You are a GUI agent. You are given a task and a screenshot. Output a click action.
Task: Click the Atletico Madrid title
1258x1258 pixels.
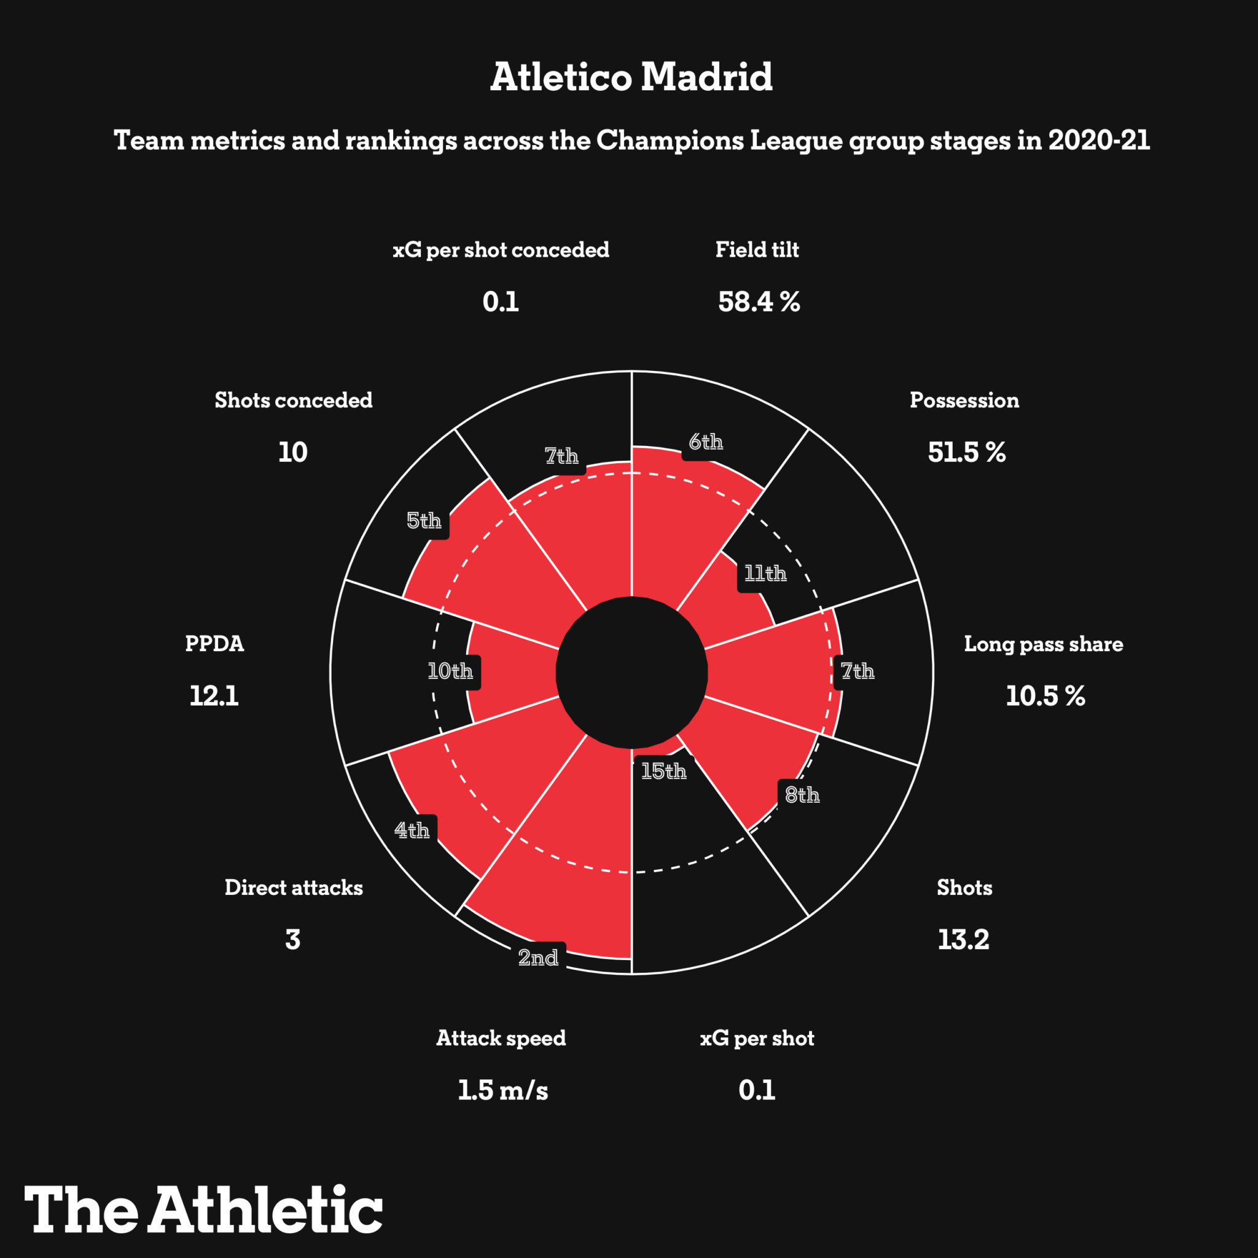tap(631, 77)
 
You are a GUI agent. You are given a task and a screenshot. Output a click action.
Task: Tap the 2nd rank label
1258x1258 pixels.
tap(538, 957)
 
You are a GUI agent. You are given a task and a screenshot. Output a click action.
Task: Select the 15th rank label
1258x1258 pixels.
tap(663, 772)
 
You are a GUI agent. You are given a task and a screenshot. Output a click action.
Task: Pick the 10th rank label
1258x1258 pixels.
tap(450, 671)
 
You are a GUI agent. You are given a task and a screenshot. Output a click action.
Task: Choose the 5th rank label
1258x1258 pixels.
tap(424, 521)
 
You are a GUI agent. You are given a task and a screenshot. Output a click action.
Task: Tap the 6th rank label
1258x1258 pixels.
tap(706, 443)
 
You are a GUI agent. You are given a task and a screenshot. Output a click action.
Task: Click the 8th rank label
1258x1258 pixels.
tap(802, 795)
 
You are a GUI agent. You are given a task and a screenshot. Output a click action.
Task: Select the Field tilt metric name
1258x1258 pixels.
tap(757, 250)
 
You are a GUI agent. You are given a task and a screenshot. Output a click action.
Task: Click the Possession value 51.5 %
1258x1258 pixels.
tap(966, 453)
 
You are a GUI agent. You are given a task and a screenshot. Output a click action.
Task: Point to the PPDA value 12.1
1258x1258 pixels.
tap(214, 696)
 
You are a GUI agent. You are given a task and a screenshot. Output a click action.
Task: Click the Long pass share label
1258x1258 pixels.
tap(1043, 644)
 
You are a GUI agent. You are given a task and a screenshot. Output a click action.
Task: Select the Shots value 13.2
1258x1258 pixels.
tap(963, 940)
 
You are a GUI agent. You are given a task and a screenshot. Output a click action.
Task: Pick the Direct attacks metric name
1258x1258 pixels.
tap(294, 888)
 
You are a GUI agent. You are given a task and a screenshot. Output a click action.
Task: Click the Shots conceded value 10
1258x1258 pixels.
tap(293, 453)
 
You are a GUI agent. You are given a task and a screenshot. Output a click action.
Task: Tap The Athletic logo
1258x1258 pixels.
tap(204, 1209)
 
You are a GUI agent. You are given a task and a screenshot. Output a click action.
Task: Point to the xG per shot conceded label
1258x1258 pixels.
tap(501, 250)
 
